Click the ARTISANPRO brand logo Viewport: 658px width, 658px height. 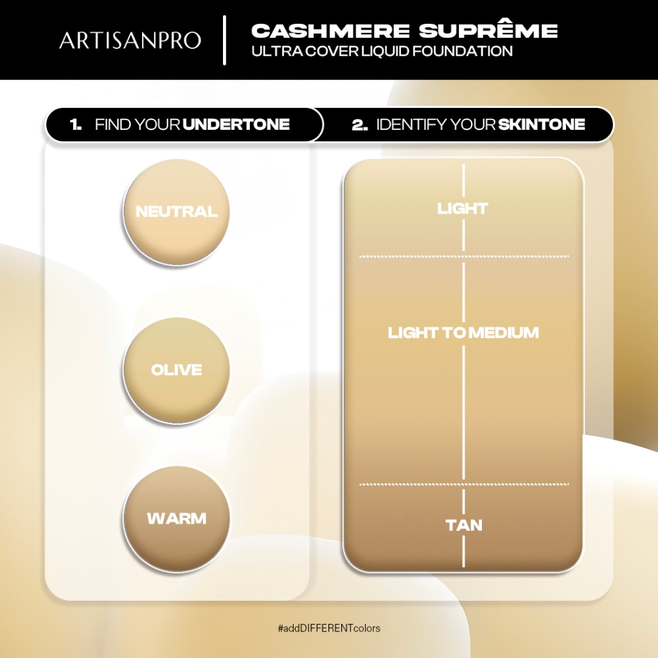tap(130, 40)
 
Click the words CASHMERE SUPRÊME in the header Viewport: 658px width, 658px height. tap(404, 31)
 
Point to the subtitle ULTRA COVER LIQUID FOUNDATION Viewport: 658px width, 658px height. tap(382, 51)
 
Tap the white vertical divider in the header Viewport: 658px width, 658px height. tap(225, 40)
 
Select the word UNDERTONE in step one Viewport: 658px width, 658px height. tap(236, 124)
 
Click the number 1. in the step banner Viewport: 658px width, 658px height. tap(76, 124)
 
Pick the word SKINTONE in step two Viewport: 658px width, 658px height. tap(542, 124)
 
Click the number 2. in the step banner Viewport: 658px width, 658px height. tap(360, 125)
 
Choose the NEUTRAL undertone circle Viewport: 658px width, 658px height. tap(177, 212)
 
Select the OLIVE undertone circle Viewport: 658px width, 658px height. tap(177, 370)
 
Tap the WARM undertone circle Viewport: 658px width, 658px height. tap(177, 519)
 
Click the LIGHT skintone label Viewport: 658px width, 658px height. tap(463, 209)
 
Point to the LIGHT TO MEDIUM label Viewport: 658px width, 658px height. tap(463, 333)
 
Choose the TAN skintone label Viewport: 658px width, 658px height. tap(464, 526)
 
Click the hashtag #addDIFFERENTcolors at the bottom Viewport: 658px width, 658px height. tap(329, 628)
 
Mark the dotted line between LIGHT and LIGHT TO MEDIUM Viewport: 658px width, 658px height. tap(464, 256)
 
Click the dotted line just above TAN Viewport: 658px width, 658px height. tap(464, 485)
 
